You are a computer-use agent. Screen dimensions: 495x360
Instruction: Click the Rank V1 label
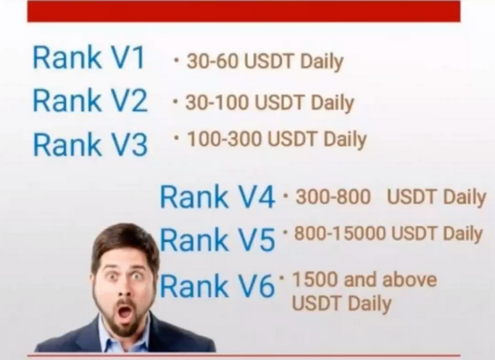point(88,57)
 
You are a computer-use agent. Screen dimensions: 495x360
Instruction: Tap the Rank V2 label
point(90,101)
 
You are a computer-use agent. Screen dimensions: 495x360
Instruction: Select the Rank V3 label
point(91,144)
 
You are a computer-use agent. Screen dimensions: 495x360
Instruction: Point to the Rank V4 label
point(217,197)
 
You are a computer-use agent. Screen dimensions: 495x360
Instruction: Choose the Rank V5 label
point(217,240)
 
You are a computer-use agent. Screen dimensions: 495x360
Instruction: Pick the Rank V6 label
point(217,285)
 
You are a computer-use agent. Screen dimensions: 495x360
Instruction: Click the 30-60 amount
point(212,61)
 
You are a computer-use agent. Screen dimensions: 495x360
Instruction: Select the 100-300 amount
point(225,139)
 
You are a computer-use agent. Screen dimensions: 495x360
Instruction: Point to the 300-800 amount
point(333,196)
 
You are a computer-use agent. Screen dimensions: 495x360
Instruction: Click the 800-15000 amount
point(340,233)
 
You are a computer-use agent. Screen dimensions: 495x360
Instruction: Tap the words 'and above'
point(390,280)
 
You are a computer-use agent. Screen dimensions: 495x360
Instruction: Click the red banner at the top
point(244,12)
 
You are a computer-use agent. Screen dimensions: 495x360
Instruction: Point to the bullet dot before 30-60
point(176,59)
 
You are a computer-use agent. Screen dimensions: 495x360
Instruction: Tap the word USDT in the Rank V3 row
point(291,139)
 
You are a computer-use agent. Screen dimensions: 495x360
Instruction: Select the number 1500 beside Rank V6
point(315,280)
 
